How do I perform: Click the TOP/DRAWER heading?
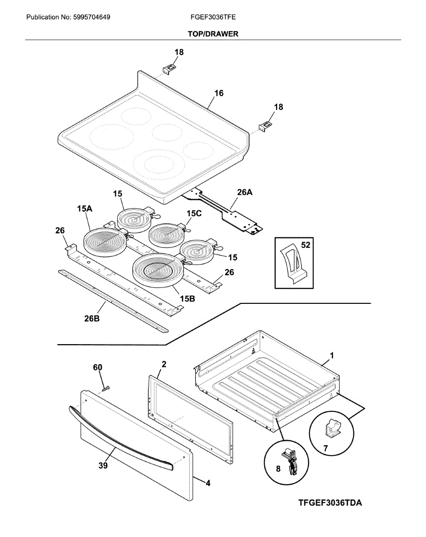(x=213, y=34)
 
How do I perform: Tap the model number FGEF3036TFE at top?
(x=213, y=17)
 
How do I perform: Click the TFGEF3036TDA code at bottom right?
(x=330, y=503)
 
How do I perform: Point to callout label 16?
(x=219, y=94)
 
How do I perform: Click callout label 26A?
(x=245, y=192)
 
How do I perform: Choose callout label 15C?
(x=194, y=213)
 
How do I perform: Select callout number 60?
(x=97, y=367)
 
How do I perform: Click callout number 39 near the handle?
(x=103, y=466)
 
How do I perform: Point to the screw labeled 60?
(x=106, y=388)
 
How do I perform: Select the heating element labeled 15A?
(x=103, y=242)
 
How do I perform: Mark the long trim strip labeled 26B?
(x=114, y=300)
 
